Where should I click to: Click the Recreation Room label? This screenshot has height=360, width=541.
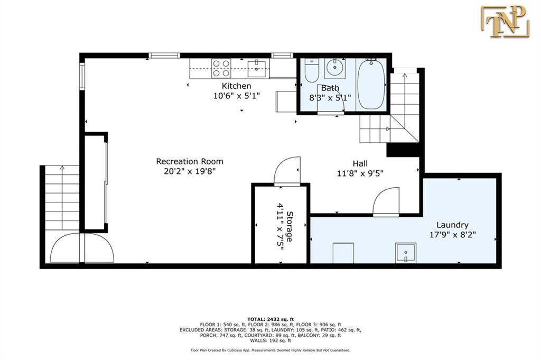point(190,161)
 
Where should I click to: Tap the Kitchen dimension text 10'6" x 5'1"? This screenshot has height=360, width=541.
point(236,96)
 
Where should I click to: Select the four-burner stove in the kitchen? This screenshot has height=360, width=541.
point(221,68)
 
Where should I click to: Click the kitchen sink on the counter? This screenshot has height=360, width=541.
point(257,69)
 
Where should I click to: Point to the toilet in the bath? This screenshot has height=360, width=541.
point(312,70)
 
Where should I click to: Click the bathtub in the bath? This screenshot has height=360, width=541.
point(371,84)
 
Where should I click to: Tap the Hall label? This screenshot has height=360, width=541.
point(360,163)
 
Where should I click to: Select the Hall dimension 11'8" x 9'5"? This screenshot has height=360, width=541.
point(360,173)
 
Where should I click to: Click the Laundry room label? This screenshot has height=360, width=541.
point(452,225)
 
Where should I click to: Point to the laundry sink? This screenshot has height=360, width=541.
point(406,253)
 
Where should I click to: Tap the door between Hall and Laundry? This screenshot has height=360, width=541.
point(386,201)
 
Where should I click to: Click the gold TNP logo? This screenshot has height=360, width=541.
point(505,21)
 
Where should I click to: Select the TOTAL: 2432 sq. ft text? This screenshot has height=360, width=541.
point(270,319)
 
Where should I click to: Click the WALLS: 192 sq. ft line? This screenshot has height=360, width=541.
point(270,340)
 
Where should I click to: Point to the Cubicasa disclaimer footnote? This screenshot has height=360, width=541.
point(270,350)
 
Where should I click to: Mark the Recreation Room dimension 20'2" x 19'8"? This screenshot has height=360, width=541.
point(190,171)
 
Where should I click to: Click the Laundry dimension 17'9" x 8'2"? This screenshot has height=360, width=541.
point(452,235)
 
